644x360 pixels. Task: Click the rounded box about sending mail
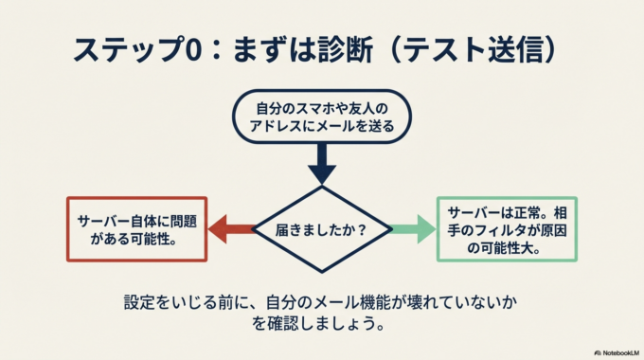click(x=322, y=115)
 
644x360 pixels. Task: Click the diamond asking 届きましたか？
click(x=322, y=229)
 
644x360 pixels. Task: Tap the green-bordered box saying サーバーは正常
click(x=508, y=228)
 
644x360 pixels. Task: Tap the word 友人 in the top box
click(x=367, y=104)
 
